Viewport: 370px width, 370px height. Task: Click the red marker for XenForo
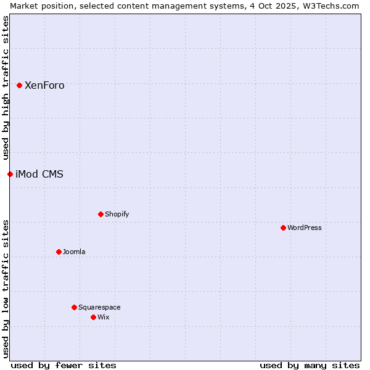tap(19, 85)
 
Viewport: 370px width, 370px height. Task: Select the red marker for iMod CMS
tap(10, 174)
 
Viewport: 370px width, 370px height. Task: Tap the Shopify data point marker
tap(101, 214)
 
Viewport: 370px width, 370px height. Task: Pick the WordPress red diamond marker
tap(283, 228)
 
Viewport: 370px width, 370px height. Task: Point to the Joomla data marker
tap(59, 252)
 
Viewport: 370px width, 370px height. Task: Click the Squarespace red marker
tap(74, 307)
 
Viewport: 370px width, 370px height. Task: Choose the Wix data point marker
tap(93, 317)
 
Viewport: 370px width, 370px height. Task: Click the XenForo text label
tap(44, 86)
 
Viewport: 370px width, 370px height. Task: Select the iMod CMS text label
tap(39, 175)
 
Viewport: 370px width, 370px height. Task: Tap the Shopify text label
tap(117, 215)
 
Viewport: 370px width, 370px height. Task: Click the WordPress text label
tap(305, 228)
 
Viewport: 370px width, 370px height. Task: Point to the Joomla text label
tap(74, 252)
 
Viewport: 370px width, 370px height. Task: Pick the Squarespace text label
tap(99, 308)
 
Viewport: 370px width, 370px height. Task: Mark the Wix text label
tap(104, 318)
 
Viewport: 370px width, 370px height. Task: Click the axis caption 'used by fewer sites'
tap(64, 365)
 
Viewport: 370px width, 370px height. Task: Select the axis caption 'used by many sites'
tap(310, 365)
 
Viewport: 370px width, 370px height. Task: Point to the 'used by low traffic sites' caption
tap(6, 288)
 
